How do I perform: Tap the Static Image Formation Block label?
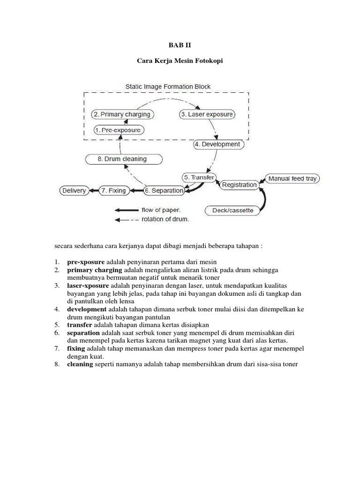168,86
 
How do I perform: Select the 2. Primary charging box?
122,114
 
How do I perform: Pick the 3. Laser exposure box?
207,114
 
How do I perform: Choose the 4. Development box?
217,144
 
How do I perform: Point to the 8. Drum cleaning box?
122,159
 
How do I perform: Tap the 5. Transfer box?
199,178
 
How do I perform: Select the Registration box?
239,185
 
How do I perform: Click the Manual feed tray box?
292,178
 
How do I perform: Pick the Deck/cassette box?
232,210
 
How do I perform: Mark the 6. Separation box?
164,191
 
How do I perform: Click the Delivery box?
74,191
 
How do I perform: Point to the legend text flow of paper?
161,210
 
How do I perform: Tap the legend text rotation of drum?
165,219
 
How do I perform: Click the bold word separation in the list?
83,332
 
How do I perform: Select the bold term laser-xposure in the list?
88,285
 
